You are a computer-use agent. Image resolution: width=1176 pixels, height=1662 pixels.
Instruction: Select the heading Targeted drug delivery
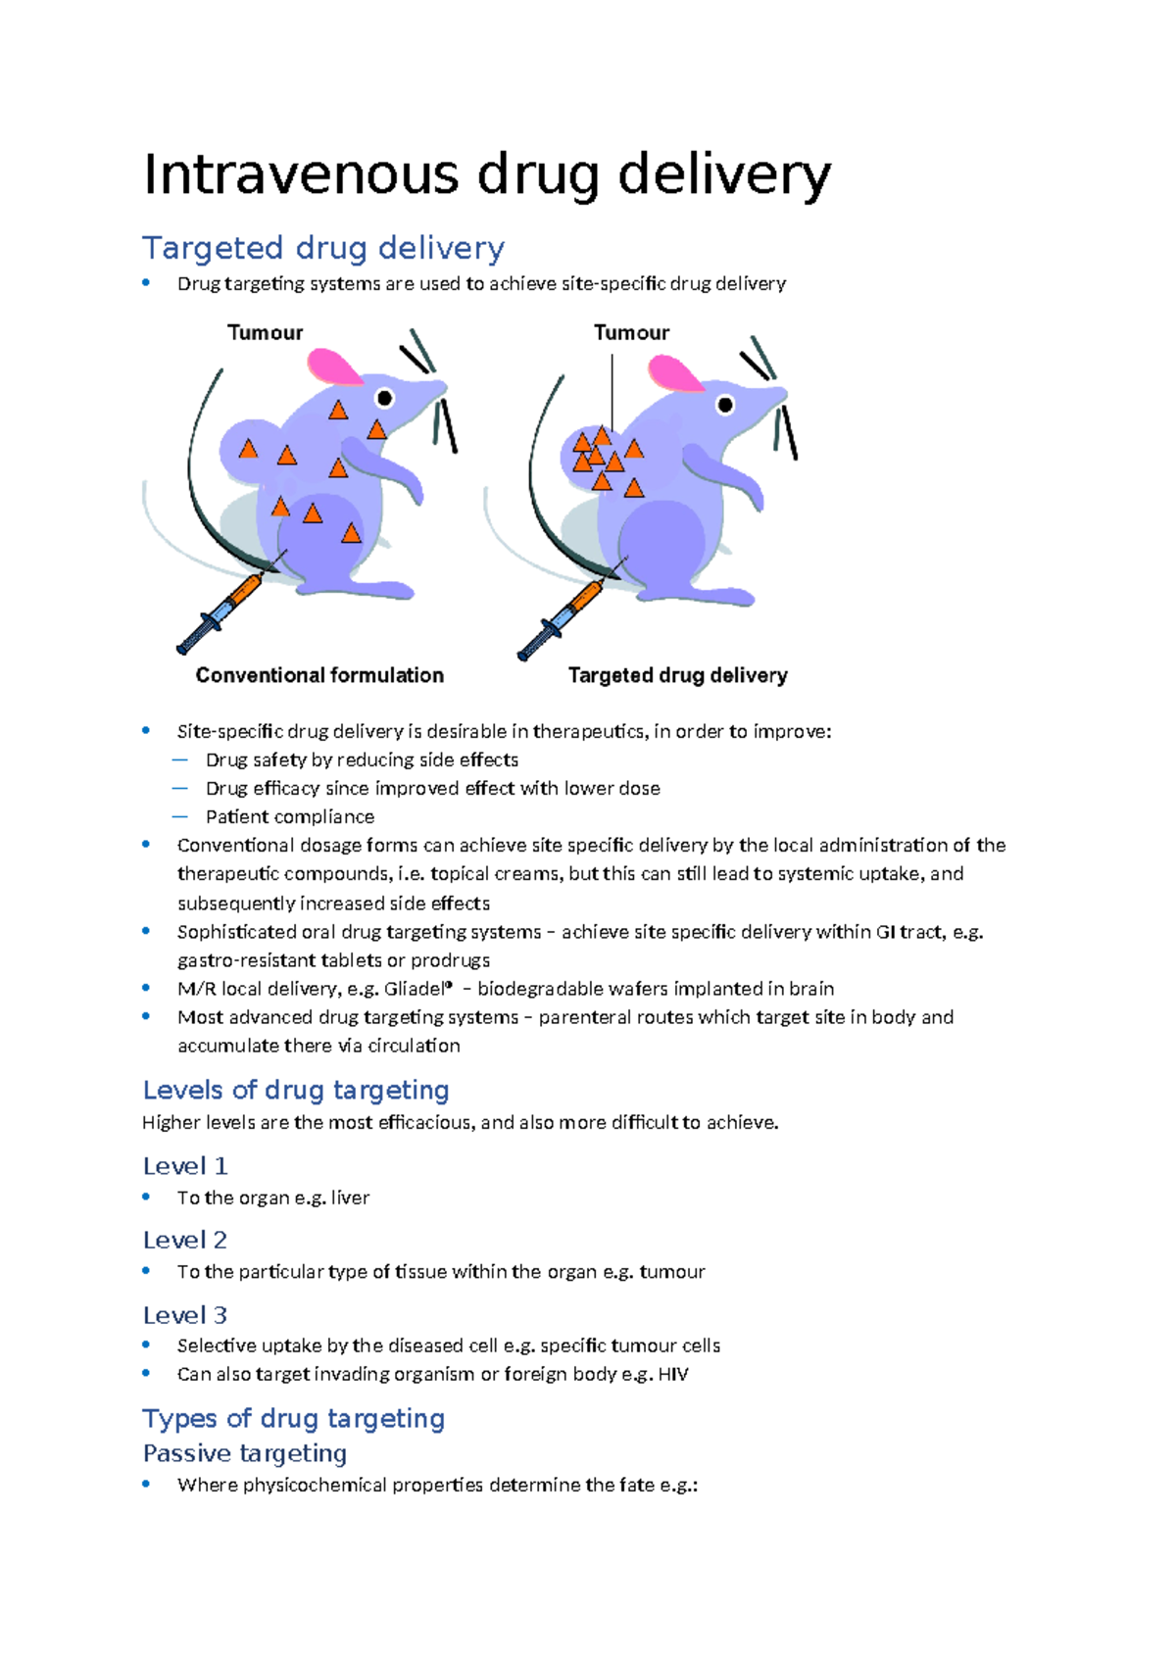coord(323,248)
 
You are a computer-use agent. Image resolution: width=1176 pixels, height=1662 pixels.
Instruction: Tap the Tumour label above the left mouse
coord(265,332)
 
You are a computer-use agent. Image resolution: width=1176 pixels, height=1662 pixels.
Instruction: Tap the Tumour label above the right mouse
coord(631,332)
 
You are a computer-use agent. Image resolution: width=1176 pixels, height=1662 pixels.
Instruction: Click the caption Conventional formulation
coord(319,675)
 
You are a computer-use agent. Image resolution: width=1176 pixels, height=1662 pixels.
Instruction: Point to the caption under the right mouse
coord(677,675)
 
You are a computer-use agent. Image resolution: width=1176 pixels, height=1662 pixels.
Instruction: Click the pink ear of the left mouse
coord(333,367)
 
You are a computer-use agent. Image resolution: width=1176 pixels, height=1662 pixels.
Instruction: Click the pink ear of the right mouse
coord(674,373)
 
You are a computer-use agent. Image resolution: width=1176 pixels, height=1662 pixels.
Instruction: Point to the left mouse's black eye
coord(385,398)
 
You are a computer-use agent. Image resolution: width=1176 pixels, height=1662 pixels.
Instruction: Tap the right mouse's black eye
coord(725,404)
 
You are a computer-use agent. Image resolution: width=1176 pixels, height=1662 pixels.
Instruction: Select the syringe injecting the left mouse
coord(220,613)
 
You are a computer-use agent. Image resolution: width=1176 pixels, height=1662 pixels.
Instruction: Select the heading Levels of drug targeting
coord(296,1090)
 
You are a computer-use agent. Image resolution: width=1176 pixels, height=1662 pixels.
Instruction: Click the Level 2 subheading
coord(184,1240)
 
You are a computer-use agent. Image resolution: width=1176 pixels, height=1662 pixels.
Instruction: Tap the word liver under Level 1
coord(350,1198)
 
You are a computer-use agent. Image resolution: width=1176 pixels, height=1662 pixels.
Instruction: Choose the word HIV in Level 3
coord(672,1374)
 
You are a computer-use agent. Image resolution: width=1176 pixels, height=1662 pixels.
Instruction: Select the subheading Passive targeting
coord(245,1453)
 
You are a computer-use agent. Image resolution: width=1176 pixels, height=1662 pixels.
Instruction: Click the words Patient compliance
coord(289,816)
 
